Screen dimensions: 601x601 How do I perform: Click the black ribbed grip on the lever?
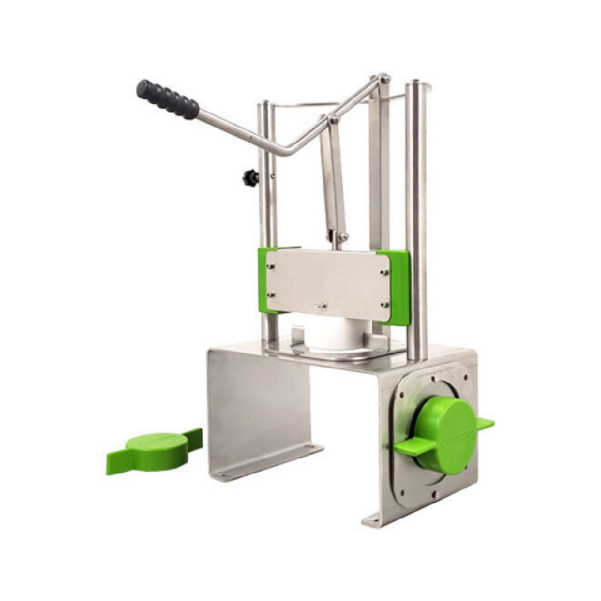pyautogui.click(x=167, y=99)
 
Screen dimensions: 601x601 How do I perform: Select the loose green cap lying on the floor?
pyautogui.click(x=155, y=451)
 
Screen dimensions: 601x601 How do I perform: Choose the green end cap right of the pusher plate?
pyautogui.click(x=399, y=287)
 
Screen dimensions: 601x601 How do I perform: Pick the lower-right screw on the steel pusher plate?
pyautogui.click(x=383, y=304)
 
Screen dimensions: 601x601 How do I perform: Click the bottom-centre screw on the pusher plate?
pyautogui.click(x=322, y=305)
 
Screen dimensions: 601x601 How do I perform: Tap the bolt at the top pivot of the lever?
pyautogui.click(x=383, y=78)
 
